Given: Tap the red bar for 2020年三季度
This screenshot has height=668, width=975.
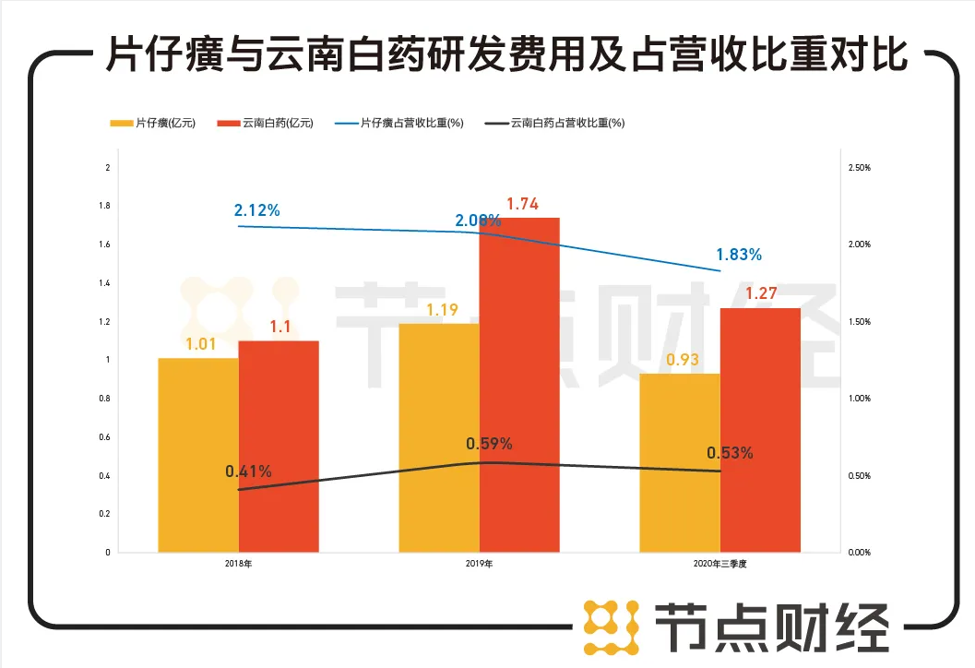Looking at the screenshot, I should pos(760,430).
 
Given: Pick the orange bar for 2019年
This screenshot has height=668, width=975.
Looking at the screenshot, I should pos(439,437).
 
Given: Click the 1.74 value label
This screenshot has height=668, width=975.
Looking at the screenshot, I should pos(522,204).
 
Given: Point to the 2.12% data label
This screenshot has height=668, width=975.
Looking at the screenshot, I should pos(257,210).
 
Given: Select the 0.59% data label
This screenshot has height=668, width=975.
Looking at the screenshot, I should pos(489,444).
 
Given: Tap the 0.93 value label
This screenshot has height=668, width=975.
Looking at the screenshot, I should pos(682,359).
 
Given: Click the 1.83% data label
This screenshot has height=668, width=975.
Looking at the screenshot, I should pos(739,255).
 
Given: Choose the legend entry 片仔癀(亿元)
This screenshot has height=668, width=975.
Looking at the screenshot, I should pos(153,123).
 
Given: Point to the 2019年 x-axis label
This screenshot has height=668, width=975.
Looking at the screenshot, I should pos(479,563).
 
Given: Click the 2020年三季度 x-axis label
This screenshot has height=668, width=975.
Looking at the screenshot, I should pos(720,563).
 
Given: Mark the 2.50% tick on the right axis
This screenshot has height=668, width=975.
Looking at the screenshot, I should pos(859,168).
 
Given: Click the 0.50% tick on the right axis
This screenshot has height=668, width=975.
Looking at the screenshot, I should pos(859,476).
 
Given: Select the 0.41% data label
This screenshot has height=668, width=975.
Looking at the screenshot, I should pos(248,471).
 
